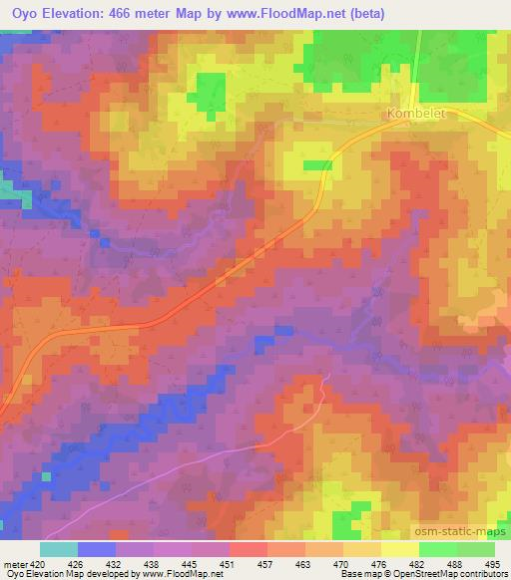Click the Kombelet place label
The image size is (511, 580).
(415, 114)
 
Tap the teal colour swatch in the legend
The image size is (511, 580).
(58, 549)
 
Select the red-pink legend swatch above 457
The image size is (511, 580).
(249, 549)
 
